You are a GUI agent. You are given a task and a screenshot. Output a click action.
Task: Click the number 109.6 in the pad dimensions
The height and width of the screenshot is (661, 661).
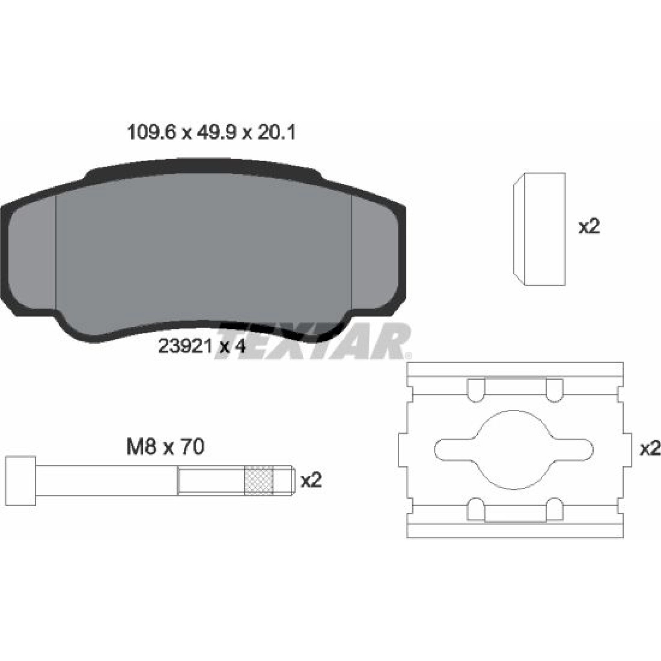pos(152,133)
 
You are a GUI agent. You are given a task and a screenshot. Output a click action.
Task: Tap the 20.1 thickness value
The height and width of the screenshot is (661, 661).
pos(276,133)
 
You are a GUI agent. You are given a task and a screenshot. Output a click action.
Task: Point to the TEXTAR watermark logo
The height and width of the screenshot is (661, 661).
pos(313,341)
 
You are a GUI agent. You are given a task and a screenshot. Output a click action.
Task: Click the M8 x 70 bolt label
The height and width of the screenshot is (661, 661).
pos(166,447)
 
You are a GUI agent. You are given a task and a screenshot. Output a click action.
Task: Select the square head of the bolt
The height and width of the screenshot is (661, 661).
pos(21,480)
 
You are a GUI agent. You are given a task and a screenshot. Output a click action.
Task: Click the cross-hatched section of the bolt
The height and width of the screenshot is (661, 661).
pos(259,480)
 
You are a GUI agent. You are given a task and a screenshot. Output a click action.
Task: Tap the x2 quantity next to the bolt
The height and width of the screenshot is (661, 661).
pos(311,480)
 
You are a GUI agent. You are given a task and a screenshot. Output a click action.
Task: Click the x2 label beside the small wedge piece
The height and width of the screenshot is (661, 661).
pos(589,227)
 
